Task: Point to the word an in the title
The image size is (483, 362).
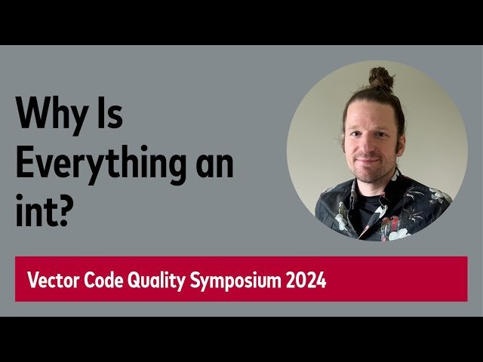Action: tap(212, 164)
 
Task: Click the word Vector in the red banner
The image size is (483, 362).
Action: tap(51, 281)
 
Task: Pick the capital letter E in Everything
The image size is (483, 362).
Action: tap(24, 163)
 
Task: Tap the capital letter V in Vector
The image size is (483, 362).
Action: tap(32, 281)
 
